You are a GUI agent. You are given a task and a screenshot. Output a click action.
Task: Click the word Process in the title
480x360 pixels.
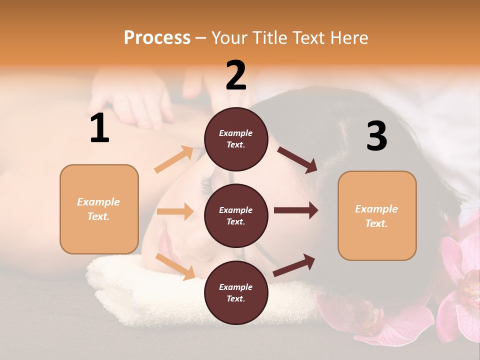157,37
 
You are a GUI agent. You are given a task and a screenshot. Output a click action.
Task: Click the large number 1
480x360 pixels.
99,128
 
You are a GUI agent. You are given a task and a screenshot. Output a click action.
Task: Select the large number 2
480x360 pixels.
236,75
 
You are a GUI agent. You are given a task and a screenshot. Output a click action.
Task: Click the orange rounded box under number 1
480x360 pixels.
99,209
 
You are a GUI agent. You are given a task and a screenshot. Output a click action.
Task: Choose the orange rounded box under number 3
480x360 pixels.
377,216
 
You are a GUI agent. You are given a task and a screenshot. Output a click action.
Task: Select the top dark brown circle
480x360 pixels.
236,139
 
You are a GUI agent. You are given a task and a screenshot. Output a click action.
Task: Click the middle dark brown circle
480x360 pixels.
236,215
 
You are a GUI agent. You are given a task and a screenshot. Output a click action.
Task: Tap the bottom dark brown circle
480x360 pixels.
236,292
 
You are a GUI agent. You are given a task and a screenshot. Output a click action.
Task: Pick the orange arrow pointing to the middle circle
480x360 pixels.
175,211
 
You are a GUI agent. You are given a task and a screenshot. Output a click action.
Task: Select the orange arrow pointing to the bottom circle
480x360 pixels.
175,266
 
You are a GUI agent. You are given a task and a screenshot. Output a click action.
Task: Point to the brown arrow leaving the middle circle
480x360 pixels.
295,210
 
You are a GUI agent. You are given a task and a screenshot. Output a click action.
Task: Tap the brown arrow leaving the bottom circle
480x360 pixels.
294,265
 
